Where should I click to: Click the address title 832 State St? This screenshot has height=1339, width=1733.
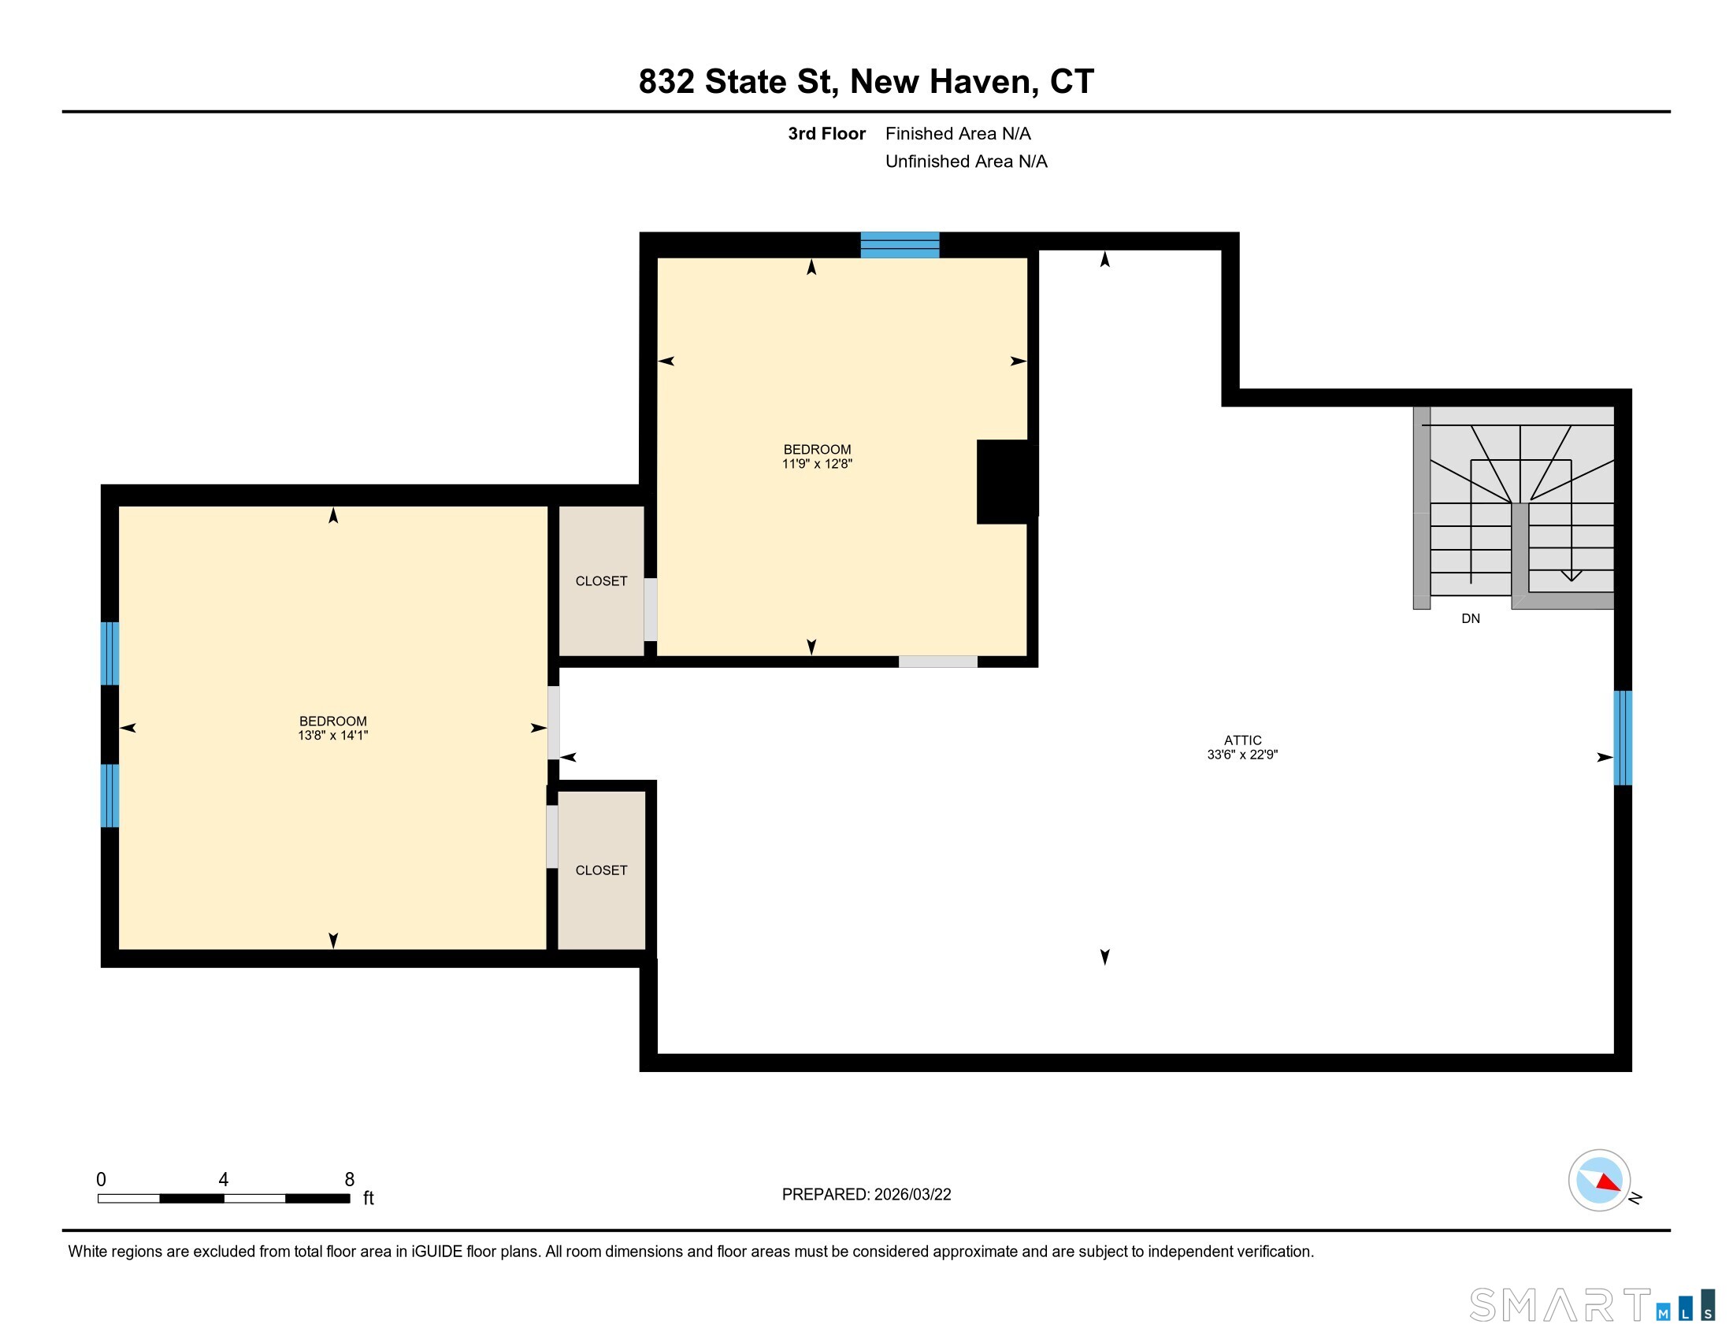coord(866,82)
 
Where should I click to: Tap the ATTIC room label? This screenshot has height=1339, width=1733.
coord(1241,740)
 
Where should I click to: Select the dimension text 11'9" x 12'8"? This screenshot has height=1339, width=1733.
coord(817,464)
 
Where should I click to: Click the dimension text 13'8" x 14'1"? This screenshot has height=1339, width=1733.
coord(332,736)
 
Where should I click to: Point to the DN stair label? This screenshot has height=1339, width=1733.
coord(1471,619)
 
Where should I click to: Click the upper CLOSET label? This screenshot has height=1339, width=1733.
coord(601,581)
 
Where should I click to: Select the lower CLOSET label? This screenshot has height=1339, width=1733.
coord(601,870)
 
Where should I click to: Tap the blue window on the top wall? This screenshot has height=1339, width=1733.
coord(900,245)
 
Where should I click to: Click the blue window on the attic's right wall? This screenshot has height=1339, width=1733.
coord(1623,738)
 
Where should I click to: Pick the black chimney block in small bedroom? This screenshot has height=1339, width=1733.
coord(1006,481)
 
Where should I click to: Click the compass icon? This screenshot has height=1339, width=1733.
coord(1599,1181)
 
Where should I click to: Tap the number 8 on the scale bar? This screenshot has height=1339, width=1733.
coord(349,1180)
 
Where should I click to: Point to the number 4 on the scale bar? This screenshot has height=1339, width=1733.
coord(224,1180)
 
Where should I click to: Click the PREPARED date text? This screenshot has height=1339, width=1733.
coord(866,1195)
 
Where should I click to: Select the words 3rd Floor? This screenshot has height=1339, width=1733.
coord(826,134)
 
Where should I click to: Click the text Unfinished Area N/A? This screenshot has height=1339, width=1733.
coord(966,161)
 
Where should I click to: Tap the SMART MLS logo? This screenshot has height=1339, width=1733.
coord(1591,1305)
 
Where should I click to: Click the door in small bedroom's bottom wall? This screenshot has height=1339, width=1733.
coord(937,662)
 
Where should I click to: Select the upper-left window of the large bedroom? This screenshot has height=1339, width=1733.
coord(109,654)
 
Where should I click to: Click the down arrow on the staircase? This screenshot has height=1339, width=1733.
coord(1572,576)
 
